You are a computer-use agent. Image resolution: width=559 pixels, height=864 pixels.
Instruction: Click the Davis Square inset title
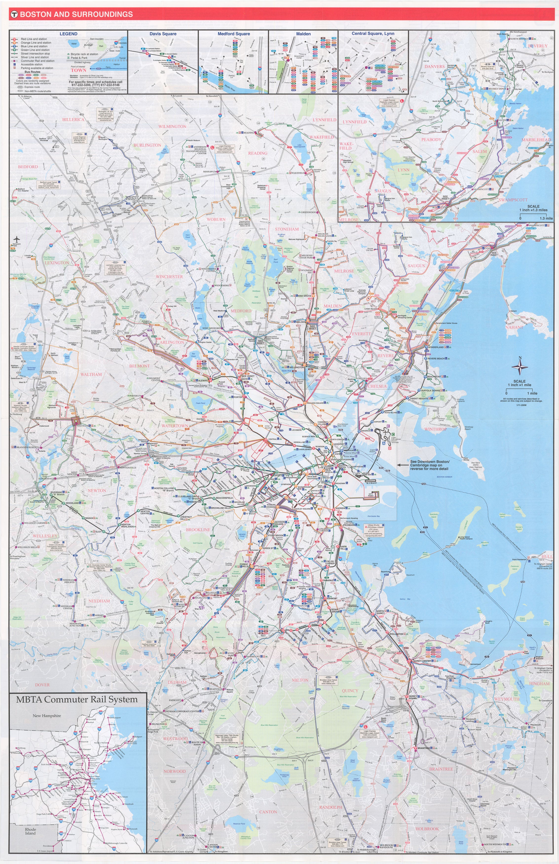tap(163, 34)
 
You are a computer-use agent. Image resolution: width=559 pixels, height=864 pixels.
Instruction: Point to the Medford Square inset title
tap(234, 34)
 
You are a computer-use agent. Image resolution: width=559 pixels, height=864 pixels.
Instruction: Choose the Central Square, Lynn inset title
tap(373, 33)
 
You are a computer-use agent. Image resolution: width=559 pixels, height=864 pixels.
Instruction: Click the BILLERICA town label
tap(73, 119)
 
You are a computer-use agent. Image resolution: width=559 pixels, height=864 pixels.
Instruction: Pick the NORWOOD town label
tap(174, 771)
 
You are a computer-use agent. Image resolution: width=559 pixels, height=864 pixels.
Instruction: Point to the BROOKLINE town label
tap(198, 530)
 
